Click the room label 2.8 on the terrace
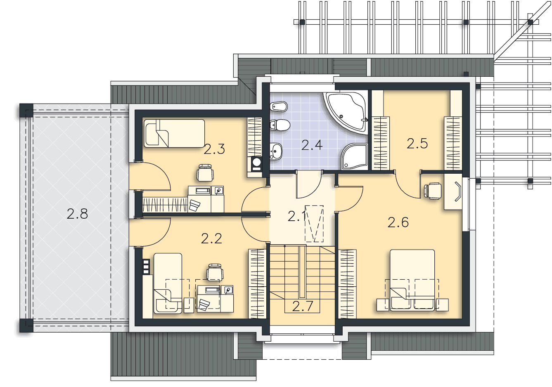coord(77,214)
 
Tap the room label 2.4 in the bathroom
coord(312,145)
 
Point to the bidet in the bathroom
coord(279,106)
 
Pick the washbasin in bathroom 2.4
coord(276,151)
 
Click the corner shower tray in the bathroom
coord(354,156)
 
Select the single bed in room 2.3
coord(174,133)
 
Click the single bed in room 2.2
coord(168,283)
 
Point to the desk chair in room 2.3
coord(205,173)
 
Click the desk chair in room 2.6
coord(433,191)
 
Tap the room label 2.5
coord(417,144)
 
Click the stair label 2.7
coord(303,306)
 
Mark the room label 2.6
coord(398,222)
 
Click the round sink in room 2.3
coord(256,162)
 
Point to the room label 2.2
coord(211,238)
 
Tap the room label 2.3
coord(214,149)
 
